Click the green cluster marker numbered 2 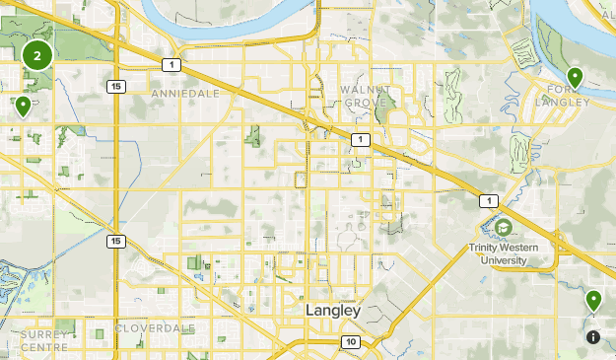[37, 55]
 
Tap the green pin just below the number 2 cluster [23, 105]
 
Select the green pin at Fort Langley [576, 77]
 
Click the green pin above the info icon [593, 300]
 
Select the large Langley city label [333, 310]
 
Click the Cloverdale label [155, 327]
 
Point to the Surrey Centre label [43, 340]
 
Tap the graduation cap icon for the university [504, 228]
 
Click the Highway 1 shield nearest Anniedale [171, 65]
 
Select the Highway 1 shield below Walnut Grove [361, 139]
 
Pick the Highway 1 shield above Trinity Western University [487, 200]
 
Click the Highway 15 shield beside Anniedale [116, 87]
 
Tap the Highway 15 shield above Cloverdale [116, 241]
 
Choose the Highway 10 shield [351, 341]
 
